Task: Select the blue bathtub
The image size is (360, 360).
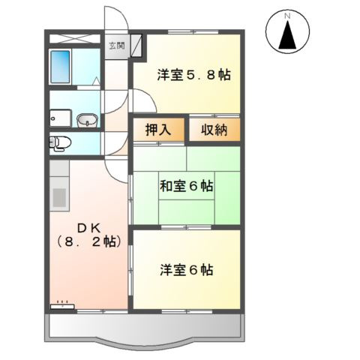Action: pyautogui.click(x=61, y=67)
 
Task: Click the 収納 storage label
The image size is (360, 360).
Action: pyautogui.click(x=214, y=129)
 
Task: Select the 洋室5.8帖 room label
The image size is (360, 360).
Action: pyautogui.click(x=193, y=74)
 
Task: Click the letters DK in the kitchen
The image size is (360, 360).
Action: pyautogui.click(x=82, y=226)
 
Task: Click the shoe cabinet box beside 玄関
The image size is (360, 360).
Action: pyautogui.click(x=137, y=46)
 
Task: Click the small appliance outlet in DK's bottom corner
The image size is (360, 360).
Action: pyautogui.click(x=61, y=304)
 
